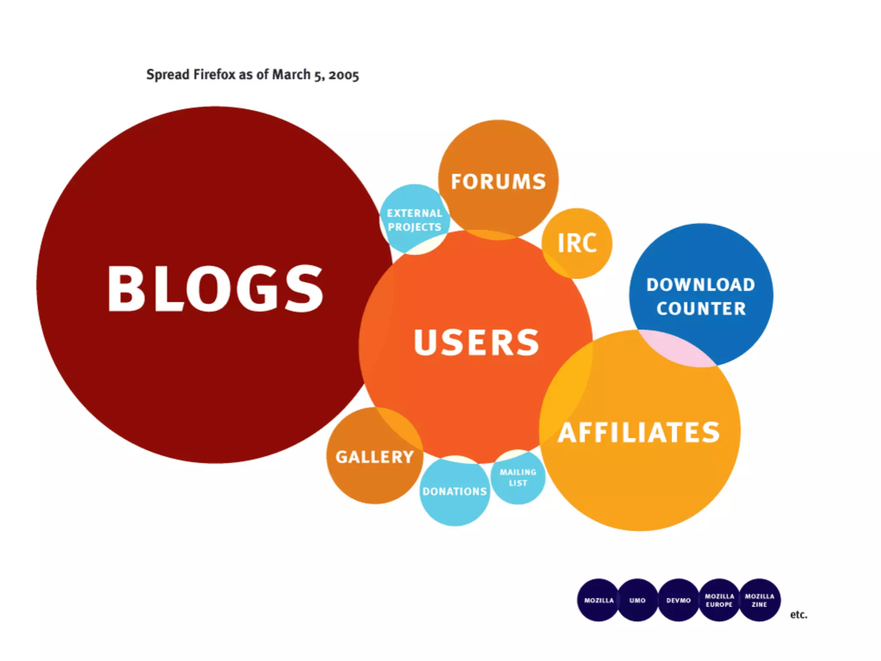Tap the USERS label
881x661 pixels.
476,343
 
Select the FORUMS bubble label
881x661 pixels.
498,182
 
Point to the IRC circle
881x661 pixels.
577,243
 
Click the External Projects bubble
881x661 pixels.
414,220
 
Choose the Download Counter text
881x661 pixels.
701,297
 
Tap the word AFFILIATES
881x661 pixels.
639,432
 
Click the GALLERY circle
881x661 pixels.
374,457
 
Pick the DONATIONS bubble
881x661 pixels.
454,491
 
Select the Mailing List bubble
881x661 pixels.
518,478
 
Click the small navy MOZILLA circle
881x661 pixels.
598,600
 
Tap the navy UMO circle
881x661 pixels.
638,600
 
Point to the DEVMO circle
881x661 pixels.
678,600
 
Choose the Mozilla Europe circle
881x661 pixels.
719,600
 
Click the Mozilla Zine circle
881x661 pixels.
760,600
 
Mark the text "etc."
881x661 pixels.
798,615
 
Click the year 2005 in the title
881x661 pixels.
343,75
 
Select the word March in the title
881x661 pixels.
291,74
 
